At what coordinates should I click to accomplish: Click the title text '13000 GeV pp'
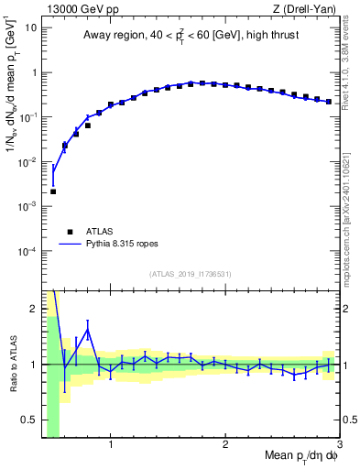click(79, 9)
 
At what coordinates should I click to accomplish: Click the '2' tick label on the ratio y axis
click(34, 309)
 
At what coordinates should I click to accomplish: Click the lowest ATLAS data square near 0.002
click(53, 191)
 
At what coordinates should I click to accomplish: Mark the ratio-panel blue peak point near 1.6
click(88, 330)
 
